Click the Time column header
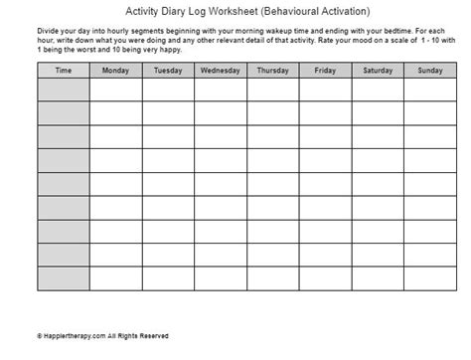(x=63, y=71)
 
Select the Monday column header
(x=115, y=71)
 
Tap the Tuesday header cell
(x=167, y=71)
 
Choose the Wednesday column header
(x=220, y=71)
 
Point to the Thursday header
(x=272, y=71)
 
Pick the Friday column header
(x=325, y=71)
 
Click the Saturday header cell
(x=378, y=71)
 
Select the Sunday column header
(x=429, y=71)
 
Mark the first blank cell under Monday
(x=115, y=90)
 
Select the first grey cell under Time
(x=63, y=90)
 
